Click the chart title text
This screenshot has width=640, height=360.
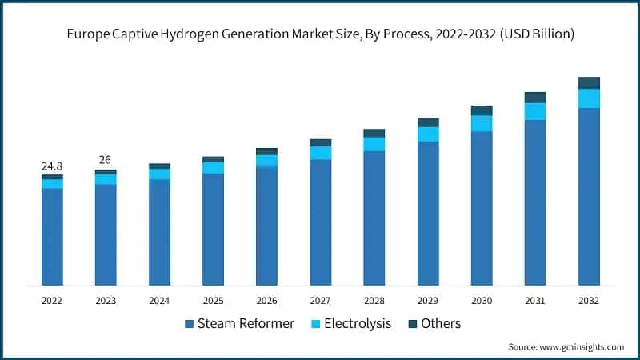320,34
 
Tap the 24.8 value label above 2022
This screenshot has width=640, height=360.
52,166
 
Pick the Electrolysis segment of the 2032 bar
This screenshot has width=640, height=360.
589,98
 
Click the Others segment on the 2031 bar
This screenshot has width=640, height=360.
535,98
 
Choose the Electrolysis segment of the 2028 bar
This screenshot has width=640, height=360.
374,144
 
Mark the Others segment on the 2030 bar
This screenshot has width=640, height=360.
482,110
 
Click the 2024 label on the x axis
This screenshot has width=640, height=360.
159,301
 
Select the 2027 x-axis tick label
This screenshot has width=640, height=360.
320,301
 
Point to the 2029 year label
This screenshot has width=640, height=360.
428,301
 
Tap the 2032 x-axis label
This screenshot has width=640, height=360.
589,301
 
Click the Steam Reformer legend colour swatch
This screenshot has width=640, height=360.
189,324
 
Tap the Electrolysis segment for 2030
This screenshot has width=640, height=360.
482,123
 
